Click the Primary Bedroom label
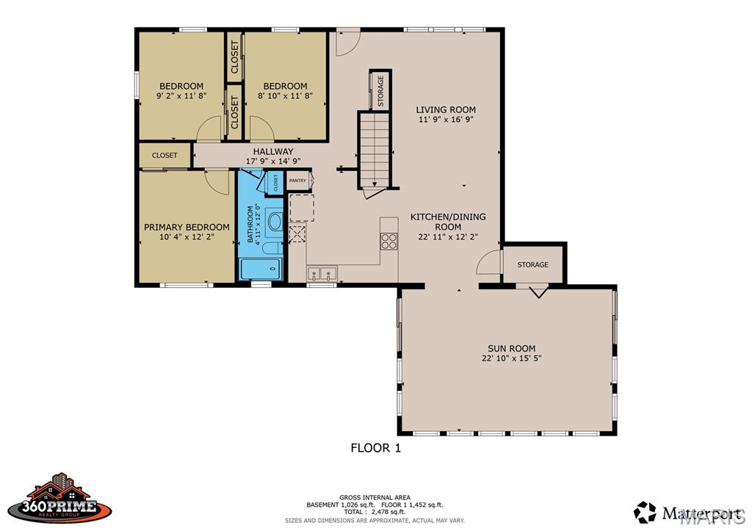[x=187, y=227]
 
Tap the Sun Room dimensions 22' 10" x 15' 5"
[x=511, y=358]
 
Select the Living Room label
[x=446, y=110]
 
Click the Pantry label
[x=297, y=181]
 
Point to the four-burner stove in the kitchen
[x=389, y=241]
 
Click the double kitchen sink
[x=322, y=273]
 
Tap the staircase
[x=375, y=150]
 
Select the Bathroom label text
[x=250, y=224]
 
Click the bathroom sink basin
[x=275, y=222]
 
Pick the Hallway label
[x=273, y=151]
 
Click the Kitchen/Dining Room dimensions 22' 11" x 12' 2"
[x=448, y=236]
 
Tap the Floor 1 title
[x=375, y=448]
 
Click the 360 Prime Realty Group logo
[x=60, y=499]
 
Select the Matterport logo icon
[x=645, y=513]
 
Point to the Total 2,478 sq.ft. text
[x=375, y=512]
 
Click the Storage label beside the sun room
[x=533, y=265]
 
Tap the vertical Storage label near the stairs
[x=381, y=91]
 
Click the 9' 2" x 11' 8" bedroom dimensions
[x=181, y=96]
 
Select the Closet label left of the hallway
[x=164, y=156]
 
